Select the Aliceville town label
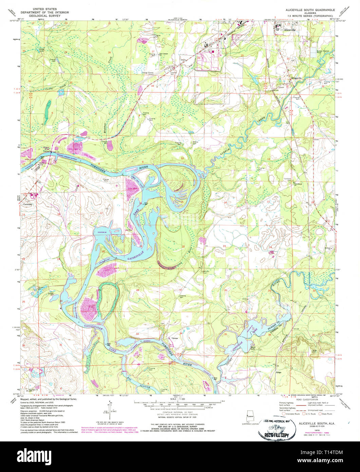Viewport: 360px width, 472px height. [290, 30]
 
